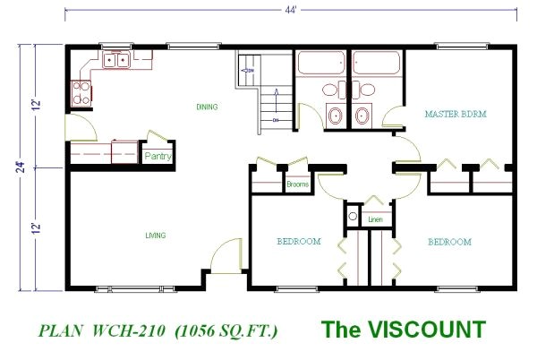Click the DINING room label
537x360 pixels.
click(207, 107)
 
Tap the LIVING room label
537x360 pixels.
click(157, 236)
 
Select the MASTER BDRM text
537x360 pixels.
click(455, 115)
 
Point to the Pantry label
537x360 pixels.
click(158, 158)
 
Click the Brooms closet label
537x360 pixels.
click(298, 185)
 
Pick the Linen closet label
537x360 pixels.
click(375, 219)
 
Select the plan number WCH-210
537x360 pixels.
click(128, 330)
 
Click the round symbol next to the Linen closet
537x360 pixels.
click(353, 218)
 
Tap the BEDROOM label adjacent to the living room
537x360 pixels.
click(298, 242)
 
